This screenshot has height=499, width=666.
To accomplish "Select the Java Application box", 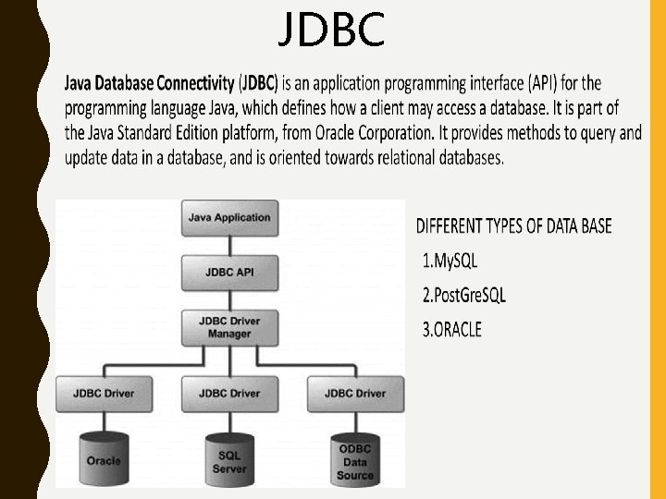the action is click(229, 218).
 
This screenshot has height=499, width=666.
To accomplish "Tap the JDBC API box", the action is click(229, 273).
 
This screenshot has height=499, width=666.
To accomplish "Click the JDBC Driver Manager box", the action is click(229, 326).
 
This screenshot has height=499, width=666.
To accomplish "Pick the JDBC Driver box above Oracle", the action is click(104, 393).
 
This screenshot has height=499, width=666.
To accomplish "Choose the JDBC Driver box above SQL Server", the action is click(229, 393).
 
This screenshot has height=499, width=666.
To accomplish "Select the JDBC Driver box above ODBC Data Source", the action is click(355, 393).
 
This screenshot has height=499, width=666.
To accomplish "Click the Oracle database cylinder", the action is click(104, 456).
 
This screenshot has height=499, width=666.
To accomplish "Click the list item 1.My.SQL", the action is click(450, 262).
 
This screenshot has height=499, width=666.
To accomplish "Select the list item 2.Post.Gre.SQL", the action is click(464, 296).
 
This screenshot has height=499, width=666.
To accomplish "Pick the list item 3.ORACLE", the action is click(452, 330).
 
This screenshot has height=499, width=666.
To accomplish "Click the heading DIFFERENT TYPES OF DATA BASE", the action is click(513, 226).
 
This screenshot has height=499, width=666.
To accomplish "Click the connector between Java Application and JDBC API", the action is click(229, 245).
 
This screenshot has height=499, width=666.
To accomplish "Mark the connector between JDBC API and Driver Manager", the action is click(229, 299).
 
